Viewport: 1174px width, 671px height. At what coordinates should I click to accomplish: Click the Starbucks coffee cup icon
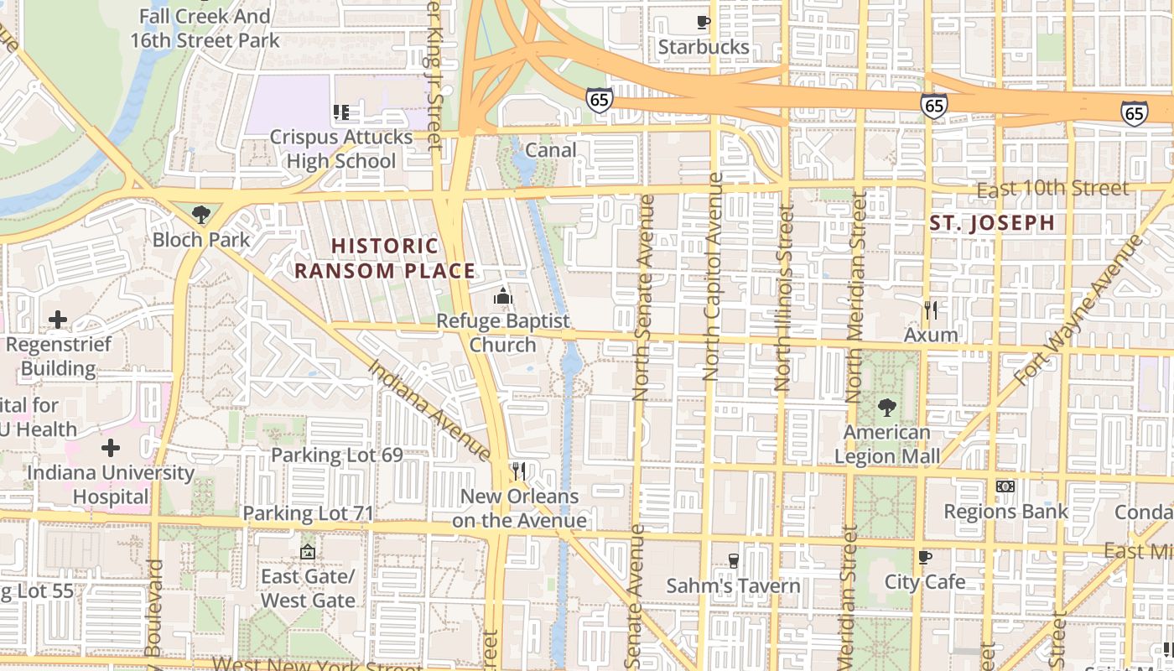[703, 22]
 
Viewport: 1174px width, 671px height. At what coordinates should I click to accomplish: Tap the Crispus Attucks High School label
[341, 148]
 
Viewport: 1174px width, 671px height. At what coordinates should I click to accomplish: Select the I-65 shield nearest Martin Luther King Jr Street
[599, 100]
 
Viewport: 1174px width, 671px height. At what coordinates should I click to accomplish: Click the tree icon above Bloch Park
[200, 215]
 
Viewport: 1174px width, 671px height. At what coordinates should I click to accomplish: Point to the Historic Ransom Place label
[385, 258]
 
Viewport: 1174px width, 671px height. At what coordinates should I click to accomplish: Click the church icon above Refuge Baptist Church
[502, 296]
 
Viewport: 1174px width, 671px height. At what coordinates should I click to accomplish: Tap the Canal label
[550, 150]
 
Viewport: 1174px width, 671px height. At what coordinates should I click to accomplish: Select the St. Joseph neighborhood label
[992, 223]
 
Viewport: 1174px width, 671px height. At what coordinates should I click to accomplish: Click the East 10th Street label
[1052, 189]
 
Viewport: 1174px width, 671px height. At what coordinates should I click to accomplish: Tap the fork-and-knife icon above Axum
[930, 310]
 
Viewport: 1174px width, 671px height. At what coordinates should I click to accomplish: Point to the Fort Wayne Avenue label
[1078, 310]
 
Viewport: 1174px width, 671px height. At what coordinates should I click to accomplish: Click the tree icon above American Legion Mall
[886, 408]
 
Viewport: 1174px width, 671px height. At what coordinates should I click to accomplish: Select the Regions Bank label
[1005, 511]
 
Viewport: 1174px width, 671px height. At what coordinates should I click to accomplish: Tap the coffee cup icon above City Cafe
[924, 557]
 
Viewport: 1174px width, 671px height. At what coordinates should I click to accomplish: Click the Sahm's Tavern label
[733, 585]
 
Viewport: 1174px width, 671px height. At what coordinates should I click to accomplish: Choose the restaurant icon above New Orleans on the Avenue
[519, 471]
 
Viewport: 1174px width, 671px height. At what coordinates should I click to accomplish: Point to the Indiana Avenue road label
[429, 409]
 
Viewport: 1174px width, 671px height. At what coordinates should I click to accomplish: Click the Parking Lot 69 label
[336, 455]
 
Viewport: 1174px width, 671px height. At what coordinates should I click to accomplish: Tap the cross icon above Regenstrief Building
[58, 320]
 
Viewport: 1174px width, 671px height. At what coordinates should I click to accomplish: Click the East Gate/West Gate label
[308, 588]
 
